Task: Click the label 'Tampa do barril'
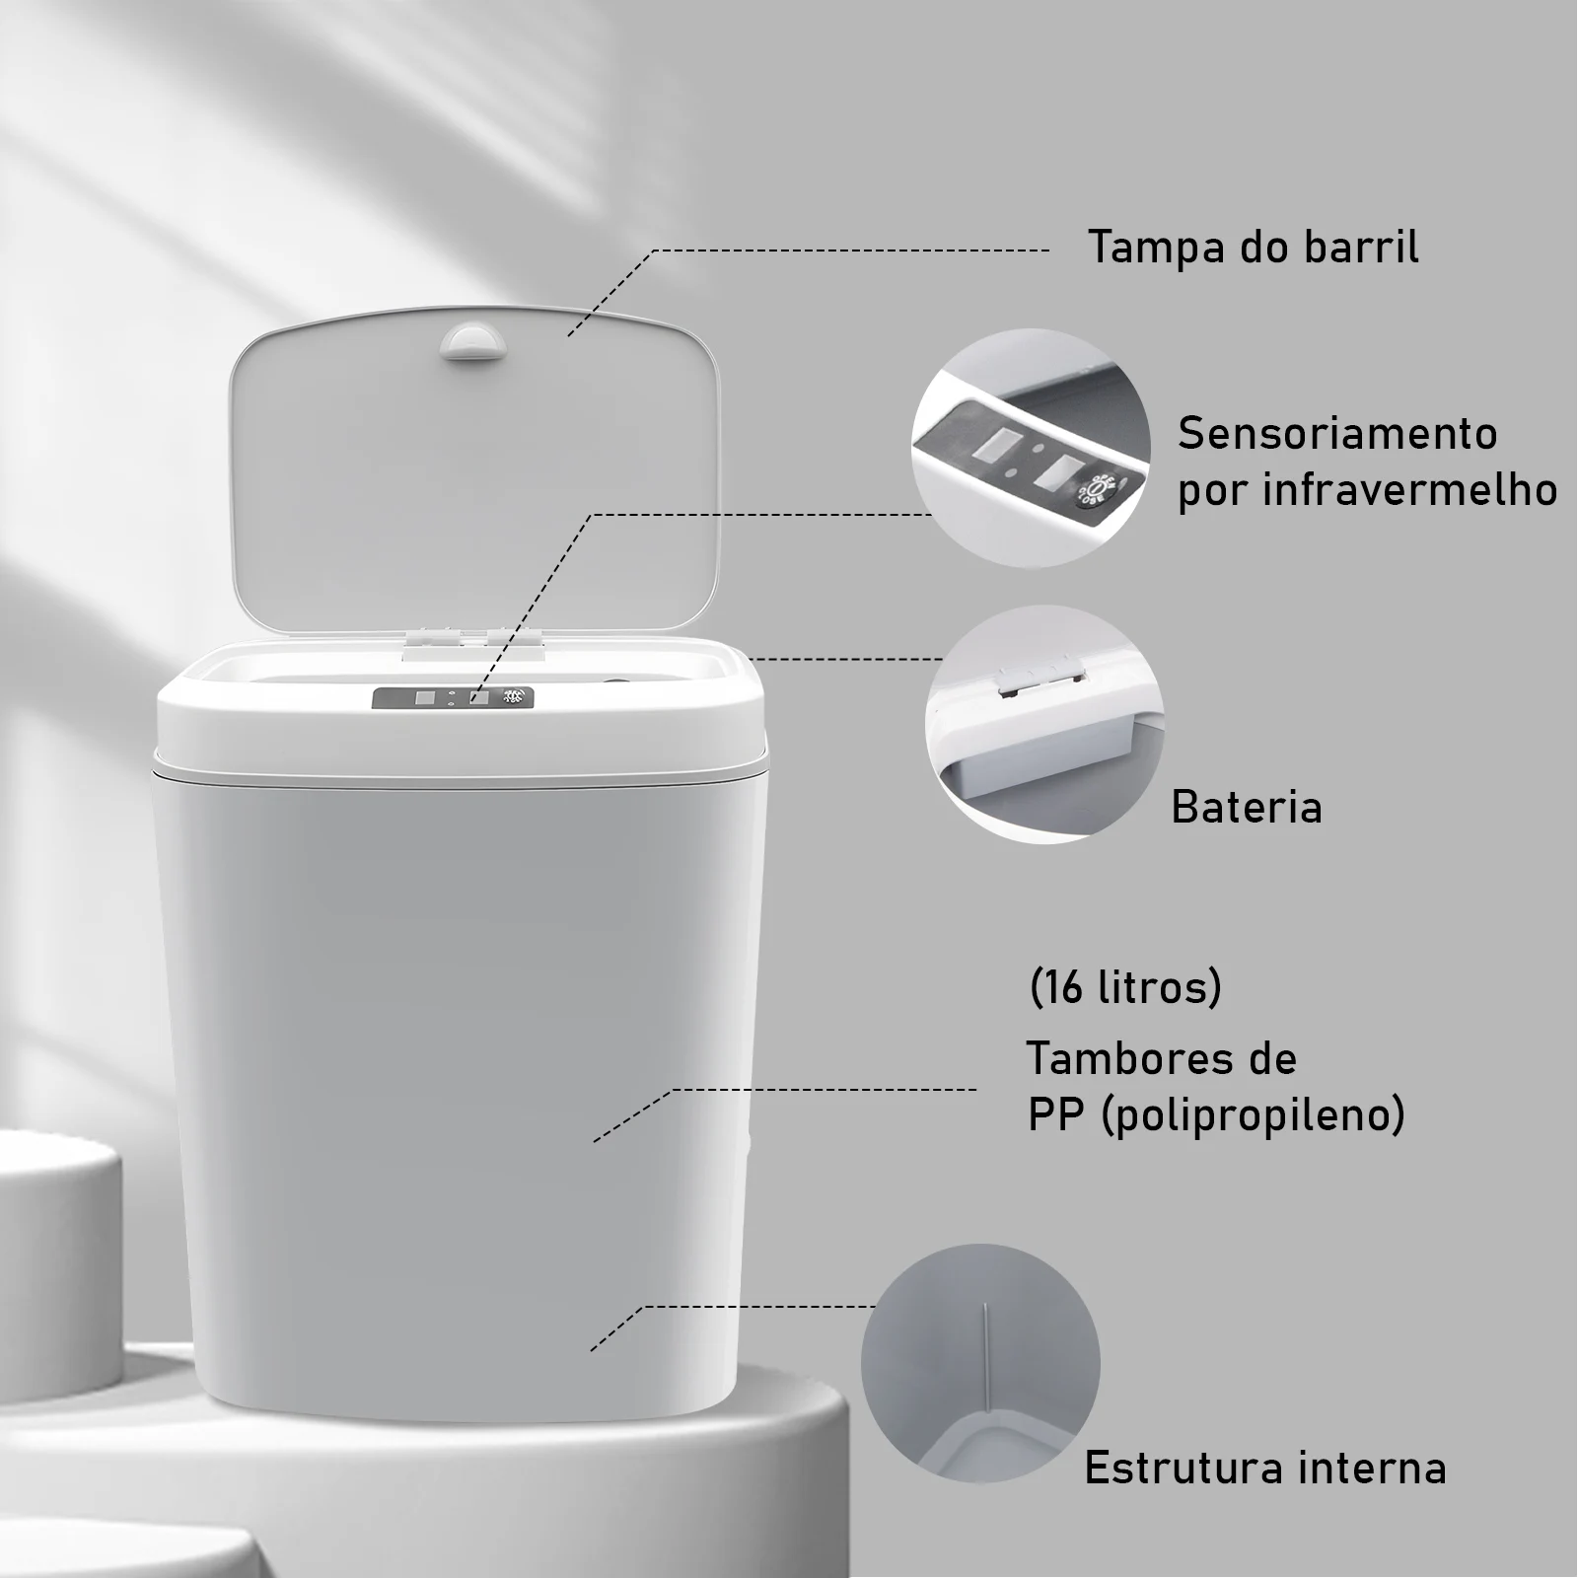coord(1253,247)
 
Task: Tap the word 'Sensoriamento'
coord(1337,433)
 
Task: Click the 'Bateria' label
coord(1246,807)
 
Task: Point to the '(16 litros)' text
coord(1125,987)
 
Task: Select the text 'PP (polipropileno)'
coord(1216,1115)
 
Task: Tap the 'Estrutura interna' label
coord(1265,1468)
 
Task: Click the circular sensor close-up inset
coord(1030,448)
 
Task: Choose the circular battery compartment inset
coord(1044,724)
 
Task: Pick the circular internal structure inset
coord(980,1362)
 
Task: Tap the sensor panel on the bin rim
coord(453,697)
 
